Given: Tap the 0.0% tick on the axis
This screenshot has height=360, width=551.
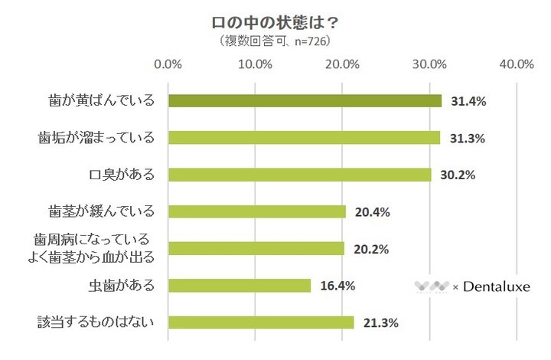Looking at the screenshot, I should [x=168, y=64].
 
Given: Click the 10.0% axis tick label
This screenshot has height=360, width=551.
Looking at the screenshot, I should [x=255, y=64].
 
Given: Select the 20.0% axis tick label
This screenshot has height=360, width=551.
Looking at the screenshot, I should [x=342, y=64].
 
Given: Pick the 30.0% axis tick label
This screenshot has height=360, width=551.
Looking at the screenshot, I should [x=429, y=64].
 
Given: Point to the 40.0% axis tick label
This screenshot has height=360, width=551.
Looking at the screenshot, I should [x=516, y=64].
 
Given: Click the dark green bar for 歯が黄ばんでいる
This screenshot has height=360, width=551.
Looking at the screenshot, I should [x=305, y=101].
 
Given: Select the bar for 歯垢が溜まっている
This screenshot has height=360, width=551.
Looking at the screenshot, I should [x=304, y=138].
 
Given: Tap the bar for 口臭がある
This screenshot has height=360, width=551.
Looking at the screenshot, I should [x=299, y=175].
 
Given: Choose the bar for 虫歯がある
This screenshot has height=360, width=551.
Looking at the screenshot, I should [x=239, y=286].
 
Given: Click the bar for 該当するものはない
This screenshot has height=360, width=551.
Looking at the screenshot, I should [x=260, y=322].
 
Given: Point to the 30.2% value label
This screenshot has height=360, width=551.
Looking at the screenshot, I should [x=458, y=175].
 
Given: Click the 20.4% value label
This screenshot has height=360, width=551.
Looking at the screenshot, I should [x=372, y=212].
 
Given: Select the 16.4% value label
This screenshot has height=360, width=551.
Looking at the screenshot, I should [x=337, y=286].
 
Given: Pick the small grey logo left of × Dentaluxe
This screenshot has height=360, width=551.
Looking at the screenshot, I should [x=432, y=286].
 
